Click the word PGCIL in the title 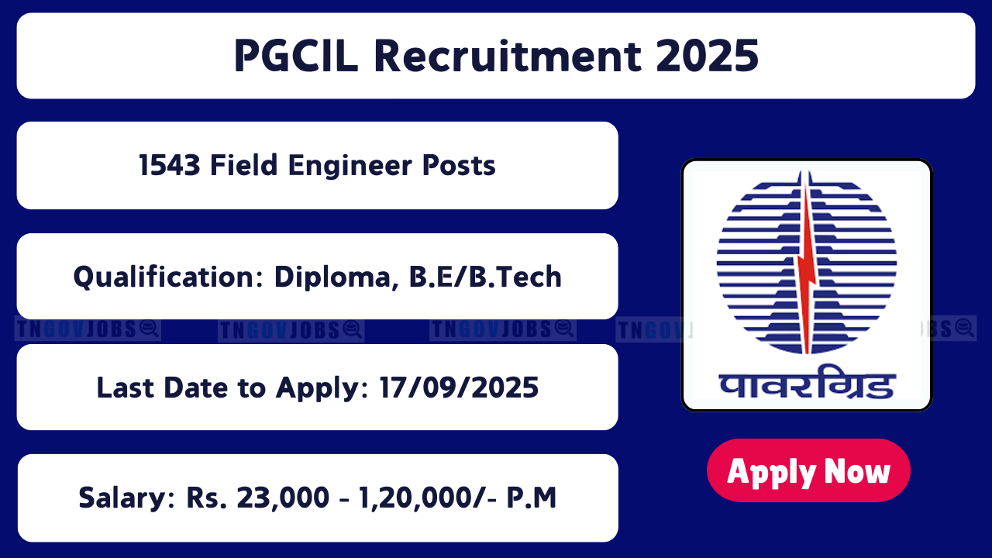[x=295, y=57]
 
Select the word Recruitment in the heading [x=503, y=57]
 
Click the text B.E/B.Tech [x=481, y=277]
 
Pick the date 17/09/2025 [x=459, y=387]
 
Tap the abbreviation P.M [x=532, y=498]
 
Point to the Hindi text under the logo [x=807, y=383]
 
